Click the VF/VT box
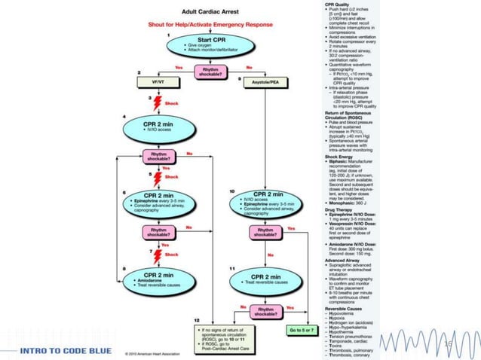tap(158, 80)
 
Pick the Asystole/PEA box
tap(263, 80)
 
